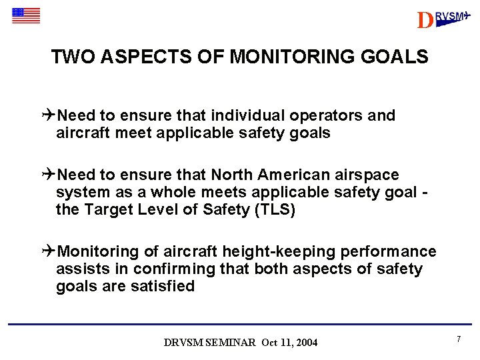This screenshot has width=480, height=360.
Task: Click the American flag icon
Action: coord(26,15)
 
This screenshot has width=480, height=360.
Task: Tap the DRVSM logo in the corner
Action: coord(443,19)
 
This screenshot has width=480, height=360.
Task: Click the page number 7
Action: coord(459,339)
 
